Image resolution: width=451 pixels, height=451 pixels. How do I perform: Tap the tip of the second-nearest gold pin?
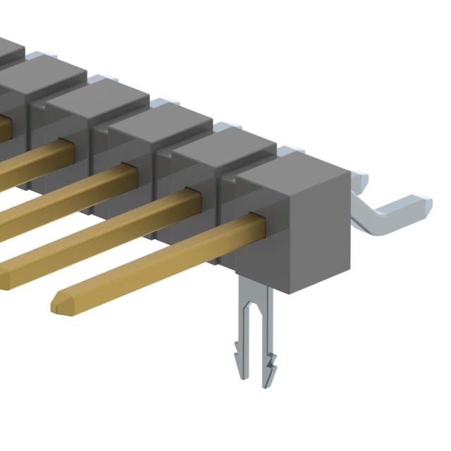point(4,271)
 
